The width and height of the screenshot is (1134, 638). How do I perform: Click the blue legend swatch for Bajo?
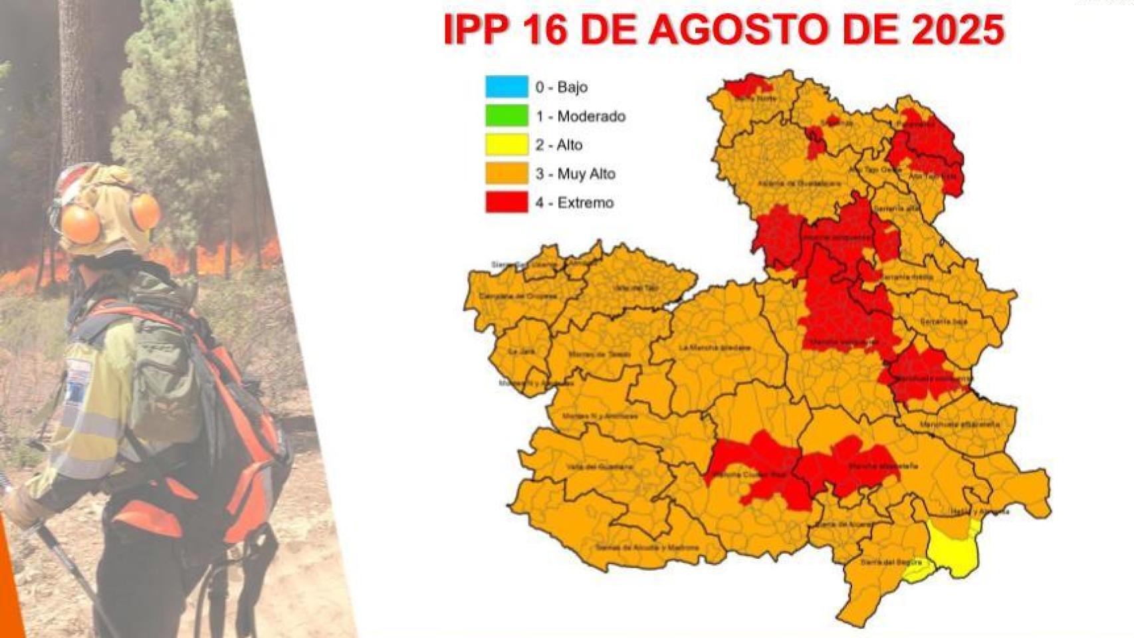pos(507,86)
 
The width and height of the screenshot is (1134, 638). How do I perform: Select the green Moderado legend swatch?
pos(507,116)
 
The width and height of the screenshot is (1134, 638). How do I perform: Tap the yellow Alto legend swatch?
pos(507,144)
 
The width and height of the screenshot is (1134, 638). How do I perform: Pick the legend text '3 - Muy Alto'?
pos(575,174)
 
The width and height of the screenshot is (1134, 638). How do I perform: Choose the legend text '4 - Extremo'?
pos(574,203)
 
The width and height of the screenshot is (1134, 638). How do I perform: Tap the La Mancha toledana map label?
pos(715,348)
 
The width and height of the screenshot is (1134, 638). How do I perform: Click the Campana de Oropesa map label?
pos(518,296)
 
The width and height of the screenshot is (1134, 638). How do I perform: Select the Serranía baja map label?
pos(943,322)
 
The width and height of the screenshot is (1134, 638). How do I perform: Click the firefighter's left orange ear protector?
pos(80,223)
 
